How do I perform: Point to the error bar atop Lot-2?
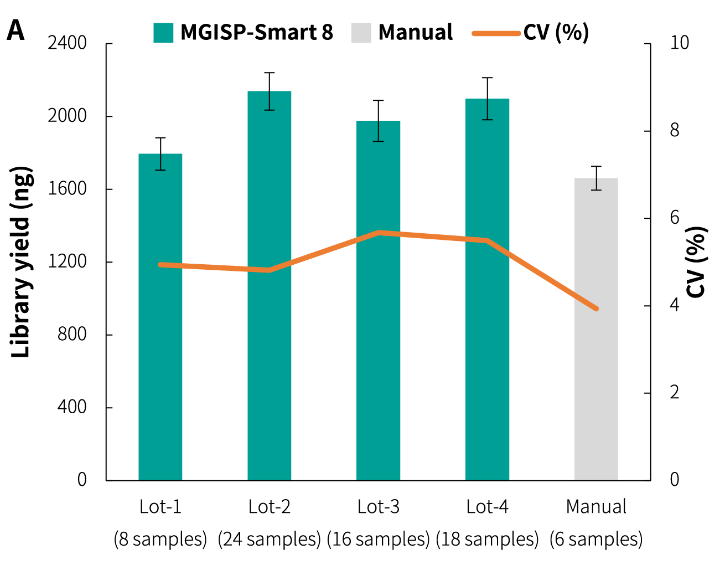tap(270, 91)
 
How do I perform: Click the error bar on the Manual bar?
tap(596, 178)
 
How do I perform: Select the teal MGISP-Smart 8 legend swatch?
tap(163, 33)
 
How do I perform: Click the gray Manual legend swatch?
tap(361, 33)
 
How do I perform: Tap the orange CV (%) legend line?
tap(496, 33)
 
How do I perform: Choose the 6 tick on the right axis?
tap(674, 218)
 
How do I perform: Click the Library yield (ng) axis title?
tap(21, 262)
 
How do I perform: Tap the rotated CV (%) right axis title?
tap(697, 262)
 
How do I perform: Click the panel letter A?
tap(15, 31)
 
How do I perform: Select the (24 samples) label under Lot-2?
tap(270, 539)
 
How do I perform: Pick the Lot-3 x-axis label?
tap(379, 507)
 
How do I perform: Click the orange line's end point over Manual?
tap(596, 309)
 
